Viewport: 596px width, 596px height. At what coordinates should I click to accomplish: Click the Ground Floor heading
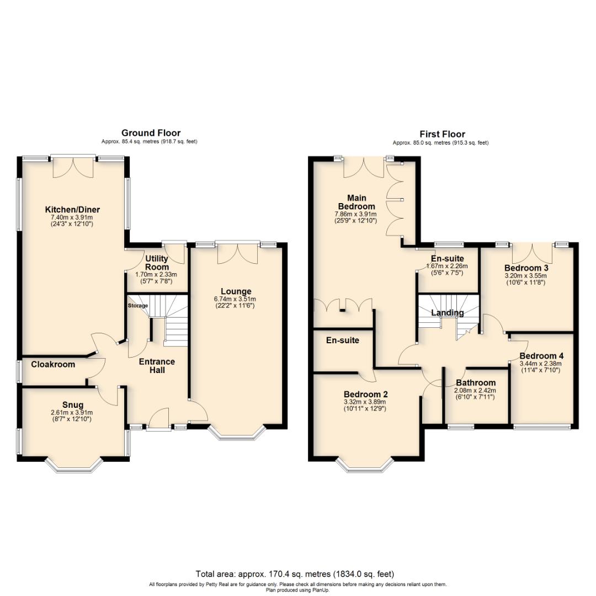click(x=151, y=133)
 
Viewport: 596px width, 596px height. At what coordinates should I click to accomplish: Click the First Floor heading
click(x=442, y=134)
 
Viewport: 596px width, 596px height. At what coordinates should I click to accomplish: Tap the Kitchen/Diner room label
click(x=72, y=210)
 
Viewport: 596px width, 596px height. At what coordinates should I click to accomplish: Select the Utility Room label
click(x=157, y=262)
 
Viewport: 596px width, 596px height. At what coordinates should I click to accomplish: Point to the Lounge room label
click(x=236, y=291)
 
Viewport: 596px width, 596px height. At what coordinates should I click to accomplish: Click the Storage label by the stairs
click(x=138, y=306)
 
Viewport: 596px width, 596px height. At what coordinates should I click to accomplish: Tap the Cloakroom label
click(x=53, y=364)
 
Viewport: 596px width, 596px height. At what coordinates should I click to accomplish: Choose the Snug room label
click(x=73, y=405)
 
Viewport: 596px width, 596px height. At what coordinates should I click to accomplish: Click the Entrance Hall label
click(x=157, y=366)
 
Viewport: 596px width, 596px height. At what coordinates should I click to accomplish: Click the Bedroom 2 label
click(x=365, y=394)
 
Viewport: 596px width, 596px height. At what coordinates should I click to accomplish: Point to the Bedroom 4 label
click(x=541, y=356)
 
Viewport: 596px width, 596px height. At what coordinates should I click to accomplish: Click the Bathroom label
click(x=476, y=382)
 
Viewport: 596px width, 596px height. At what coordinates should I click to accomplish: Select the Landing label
click(x=447, y=313)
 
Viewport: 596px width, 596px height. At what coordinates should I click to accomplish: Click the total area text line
click(x=295, y=574)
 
